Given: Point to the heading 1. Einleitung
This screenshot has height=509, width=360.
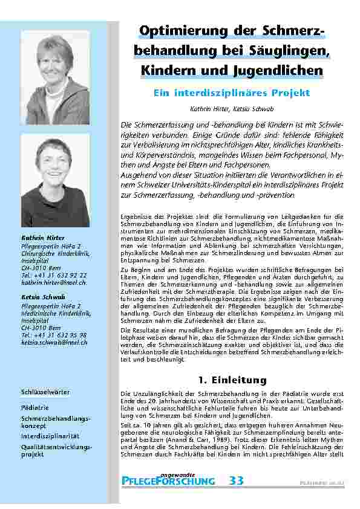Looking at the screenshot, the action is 232,379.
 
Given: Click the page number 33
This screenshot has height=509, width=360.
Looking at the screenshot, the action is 237,481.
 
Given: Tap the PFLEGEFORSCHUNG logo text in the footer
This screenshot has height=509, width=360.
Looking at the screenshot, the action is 168,482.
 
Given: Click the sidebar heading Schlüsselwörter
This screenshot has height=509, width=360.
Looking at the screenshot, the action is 46,392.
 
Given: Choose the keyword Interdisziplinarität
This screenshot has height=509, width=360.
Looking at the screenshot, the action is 50,435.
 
